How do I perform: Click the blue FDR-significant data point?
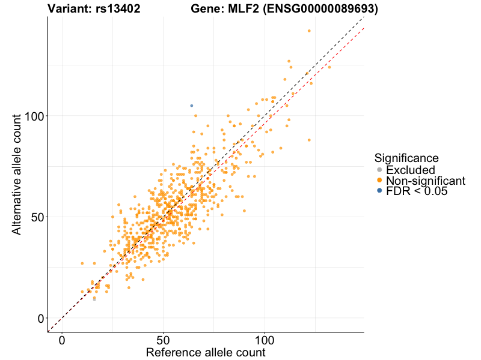pos(191,106)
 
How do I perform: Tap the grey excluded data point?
pos(94,299)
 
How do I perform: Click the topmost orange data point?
pos(309,31)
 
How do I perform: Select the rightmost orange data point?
pos(329,67)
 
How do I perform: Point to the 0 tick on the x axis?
pos(62,340)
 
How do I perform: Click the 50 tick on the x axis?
pos(163,340)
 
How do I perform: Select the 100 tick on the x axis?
pos(264,340)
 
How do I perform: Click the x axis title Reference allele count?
pos(206,352)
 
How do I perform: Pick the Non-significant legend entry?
pos(425,181)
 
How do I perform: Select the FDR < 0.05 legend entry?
pos(417,191)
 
